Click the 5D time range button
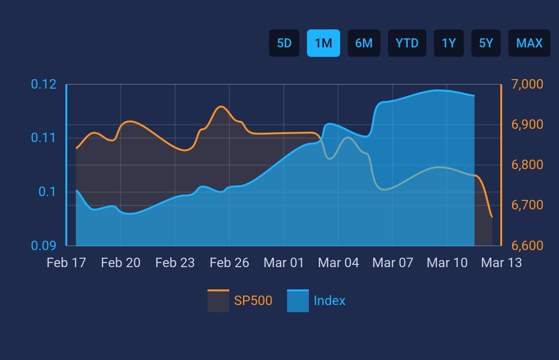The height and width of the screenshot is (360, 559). [284, 43]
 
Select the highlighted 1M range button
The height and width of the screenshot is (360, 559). [324, 43]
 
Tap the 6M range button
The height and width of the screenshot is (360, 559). [364, 43]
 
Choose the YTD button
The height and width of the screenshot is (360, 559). [407, 43]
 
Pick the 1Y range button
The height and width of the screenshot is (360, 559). [449, 43]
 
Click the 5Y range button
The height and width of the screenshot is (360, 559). [486, 43]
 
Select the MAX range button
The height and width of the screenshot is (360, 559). [529, 43]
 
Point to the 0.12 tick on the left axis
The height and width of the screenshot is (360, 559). [44, 85]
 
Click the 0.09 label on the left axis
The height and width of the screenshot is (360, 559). [44, 246]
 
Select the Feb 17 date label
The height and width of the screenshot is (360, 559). [66, 263]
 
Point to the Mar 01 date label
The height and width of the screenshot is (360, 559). [284, 263]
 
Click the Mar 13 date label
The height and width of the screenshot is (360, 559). [502, 263]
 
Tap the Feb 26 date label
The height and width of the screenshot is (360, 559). [229, 263]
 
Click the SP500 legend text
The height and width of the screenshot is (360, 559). [253, 301]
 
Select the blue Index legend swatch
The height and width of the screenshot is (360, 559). [298, 301]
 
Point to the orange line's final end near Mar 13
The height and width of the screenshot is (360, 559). [492, 217]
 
